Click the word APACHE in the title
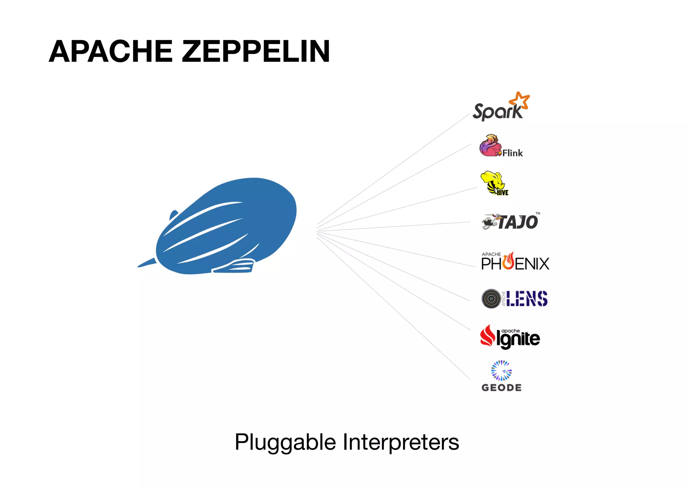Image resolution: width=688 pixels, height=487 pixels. [x=111, y=51]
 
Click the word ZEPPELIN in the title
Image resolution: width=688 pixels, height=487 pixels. [x=256, y=51]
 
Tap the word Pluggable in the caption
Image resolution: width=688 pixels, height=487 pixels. [x=285, y=442]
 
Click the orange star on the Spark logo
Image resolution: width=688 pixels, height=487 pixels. [x=519, y=100]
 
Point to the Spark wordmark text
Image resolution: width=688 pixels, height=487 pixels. [x=497, y=112]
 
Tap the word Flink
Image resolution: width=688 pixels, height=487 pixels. [x=513, y=153]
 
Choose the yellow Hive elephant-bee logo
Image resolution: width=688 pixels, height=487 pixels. [x=494, y=183]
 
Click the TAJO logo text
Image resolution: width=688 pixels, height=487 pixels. [x=518, y=222]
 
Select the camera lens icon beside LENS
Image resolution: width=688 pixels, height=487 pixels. [x=491, y=299]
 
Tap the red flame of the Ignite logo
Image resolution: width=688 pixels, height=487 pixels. [x=487, y=336]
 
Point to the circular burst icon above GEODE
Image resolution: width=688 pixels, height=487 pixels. [x=501, y=371]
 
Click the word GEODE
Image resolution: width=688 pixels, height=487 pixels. [x=502, y=388]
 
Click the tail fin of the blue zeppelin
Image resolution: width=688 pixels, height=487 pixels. [x=147, y=263]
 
